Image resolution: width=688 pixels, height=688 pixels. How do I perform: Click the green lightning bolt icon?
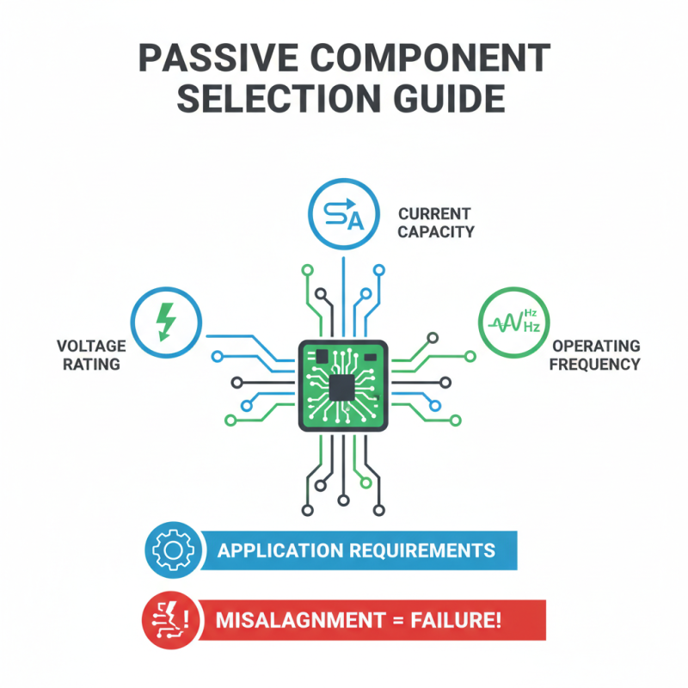pyautogui.click(x=166, y=321)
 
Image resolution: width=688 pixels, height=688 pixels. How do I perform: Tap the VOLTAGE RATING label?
pyautogui.click(x=90, y=354)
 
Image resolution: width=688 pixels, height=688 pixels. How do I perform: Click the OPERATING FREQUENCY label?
pyautogui.click(x=596, y=354)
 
